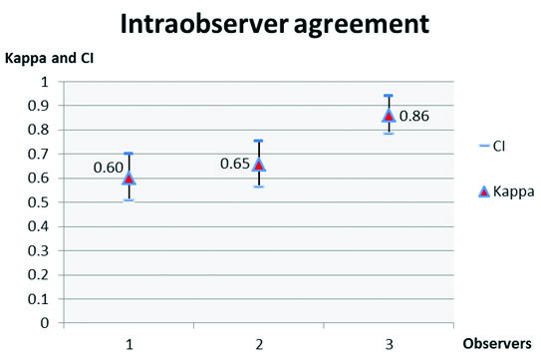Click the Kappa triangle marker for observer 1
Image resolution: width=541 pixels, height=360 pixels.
point(128,178)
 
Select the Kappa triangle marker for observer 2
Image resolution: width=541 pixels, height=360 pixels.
point(258,165)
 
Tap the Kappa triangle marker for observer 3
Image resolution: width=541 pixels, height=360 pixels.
point(389,115)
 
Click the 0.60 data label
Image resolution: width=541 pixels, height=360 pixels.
point(107,168)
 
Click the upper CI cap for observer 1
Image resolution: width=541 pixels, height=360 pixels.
point(128,154)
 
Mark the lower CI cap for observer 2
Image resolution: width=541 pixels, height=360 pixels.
point(258,186)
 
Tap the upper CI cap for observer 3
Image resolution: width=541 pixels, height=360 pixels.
point(389,96)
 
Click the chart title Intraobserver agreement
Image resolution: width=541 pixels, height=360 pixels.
point(271,23)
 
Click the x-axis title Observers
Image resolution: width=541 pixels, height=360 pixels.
point(498,343)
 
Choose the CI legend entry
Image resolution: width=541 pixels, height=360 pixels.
point(492,147)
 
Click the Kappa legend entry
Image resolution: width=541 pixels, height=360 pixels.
point(492,190)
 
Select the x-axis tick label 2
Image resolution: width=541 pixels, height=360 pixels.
point(259,344)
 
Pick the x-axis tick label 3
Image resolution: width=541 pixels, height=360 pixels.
point(389,344)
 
